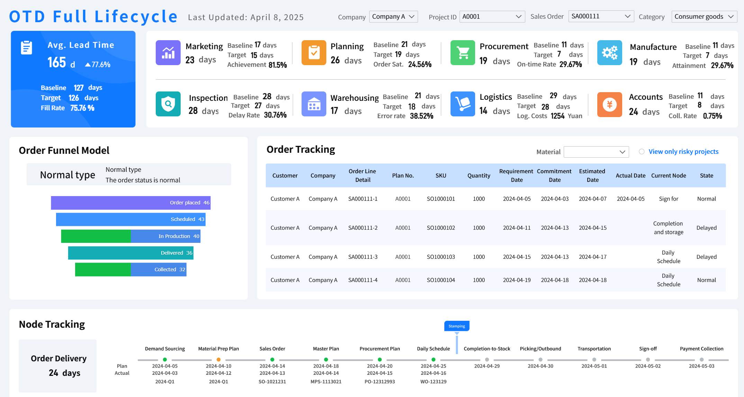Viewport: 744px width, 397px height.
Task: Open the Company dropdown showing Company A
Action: click(393, 17)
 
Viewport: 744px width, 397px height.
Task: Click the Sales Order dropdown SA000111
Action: click(601, 16)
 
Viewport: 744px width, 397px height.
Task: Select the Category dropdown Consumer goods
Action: click(704, 17)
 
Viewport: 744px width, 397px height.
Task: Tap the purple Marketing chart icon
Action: click(168, 53)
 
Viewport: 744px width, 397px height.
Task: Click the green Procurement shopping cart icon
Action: click(463, 53)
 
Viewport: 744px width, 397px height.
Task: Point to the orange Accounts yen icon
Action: click(609, 104)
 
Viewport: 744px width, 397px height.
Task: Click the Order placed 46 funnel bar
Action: click(130, 203)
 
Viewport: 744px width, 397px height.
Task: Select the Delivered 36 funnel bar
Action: click(130, 253)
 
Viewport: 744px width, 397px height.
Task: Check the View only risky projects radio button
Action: click(642, 152)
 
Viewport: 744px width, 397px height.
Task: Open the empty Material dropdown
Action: click(596, 152)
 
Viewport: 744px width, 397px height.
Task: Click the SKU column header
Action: click(441, 176)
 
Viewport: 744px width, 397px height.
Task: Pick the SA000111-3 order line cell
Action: click(363, 257)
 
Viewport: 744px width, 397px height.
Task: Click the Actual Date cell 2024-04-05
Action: click(630, 199)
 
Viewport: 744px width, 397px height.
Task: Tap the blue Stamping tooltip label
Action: click(456, 326)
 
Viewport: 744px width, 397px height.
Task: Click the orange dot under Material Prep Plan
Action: click(218, 360)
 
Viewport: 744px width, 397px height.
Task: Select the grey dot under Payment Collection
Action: click(701, 360)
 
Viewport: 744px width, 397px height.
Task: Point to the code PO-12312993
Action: click(380, 382)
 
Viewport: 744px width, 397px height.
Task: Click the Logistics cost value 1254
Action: click(557, 116)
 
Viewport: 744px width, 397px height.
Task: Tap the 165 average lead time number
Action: click(57, 63)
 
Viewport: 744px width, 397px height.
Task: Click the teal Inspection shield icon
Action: click(168, 104)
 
